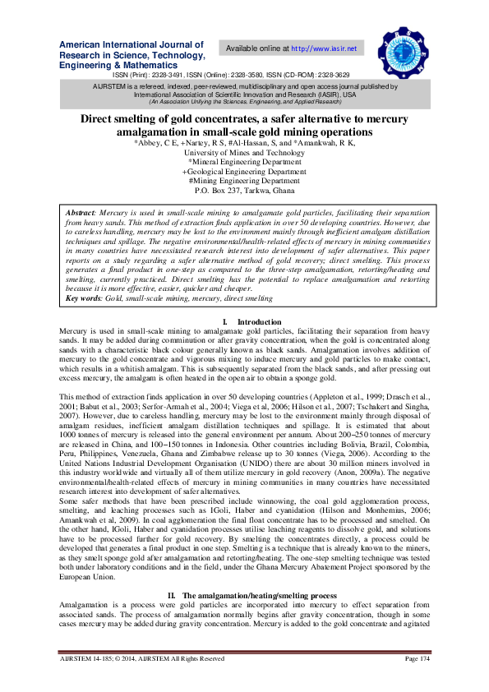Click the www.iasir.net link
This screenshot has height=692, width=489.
pos(325,48)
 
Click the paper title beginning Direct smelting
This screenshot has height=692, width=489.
pos(244,126)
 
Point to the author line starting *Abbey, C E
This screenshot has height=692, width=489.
pos(244,143)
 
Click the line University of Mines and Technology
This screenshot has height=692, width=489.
pos(244,153)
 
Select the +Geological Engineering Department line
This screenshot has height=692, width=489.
pos(244,172)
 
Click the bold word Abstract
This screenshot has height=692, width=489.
pos(81,213)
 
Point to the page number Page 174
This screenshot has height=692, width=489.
pos(417,659)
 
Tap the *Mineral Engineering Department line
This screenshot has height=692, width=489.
pos(244,162)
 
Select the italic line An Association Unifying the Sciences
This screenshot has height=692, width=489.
pos(244,102)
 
